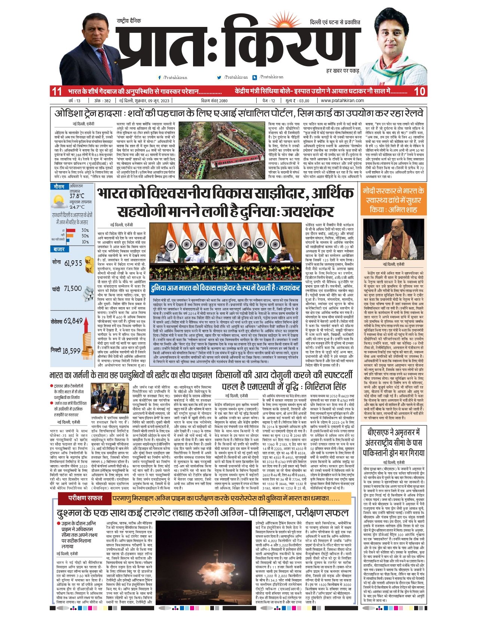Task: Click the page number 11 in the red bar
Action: pos(57,91)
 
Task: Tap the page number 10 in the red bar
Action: pos(420,91)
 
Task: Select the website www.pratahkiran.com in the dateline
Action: pos(342,101)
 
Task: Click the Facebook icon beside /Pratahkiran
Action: pos(160,77)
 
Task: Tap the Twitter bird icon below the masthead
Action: pos(219,77)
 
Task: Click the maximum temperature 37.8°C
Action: pos(77,196)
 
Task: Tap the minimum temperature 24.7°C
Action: pos(77,207)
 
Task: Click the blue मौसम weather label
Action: pos(59,186)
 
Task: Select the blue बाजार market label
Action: pos(59,249)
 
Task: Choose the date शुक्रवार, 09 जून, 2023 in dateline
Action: pos(144,101)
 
